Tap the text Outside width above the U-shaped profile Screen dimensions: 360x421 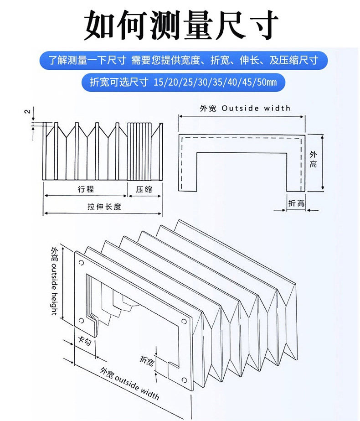(256, 109)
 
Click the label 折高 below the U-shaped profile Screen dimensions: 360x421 (296, 203)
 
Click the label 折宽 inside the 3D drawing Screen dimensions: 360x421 (147, 360)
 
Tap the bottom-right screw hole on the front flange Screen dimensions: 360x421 (184, 380)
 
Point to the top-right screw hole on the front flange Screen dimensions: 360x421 (184, 320)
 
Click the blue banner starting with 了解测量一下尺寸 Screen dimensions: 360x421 (182, 60)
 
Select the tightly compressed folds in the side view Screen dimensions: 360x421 (139, 151)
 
